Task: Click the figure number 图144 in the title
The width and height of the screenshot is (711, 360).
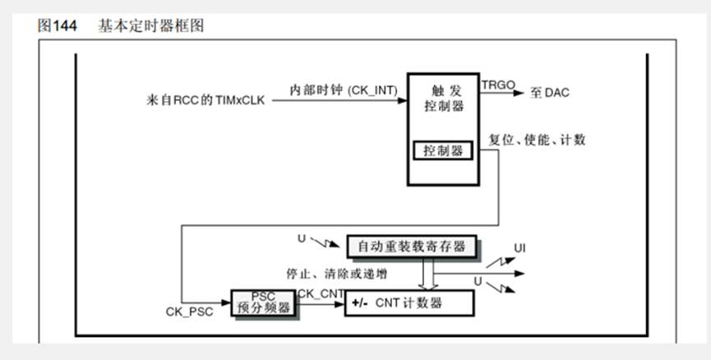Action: pos(57,26)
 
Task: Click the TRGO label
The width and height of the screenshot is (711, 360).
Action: pos(498,85)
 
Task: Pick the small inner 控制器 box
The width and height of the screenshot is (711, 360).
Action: pos(443,151)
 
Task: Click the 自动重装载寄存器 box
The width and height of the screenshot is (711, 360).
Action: pos(411,246)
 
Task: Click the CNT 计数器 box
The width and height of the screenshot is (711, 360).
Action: pos(409,302)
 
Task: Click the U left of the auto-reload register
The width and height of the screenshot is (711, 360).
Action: pos(301,239)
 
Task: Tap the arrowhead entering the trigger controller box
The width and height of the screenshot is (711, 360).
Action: pos(404,101)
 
